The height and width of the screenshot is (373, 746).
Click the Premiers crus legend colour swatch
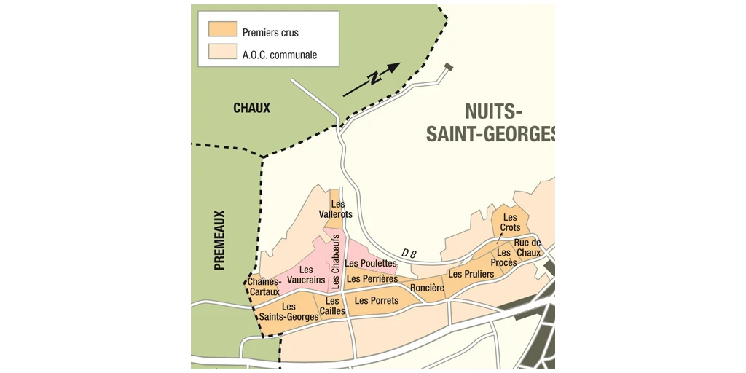(x=222, y=29)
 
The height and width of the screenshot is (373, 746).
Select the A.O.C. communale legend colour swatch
(x=222, y=52)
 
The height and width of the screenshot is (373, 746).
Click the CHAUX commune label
(x=251, y=109)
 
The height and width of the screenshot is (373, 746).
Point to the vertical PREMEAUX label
(x=219, y=240)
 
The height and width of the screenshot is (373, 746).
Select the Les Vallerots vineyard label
(x=336, y=209)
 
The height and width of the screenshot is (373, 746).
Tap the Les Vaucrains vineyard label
(x=306, y=275)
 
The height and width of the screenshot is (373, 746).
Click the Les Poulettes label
(x=371, y=263)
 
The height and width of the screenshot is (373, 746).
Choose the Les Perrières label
(x=372, y=278)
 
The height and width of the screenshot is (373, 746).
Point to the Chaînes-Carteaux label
(x=264, y=287)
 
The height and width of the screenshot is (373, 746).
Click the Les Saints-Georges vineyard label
(x=288, y=312)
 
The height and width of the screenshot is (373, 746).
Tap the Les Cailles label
(x=332, y=306)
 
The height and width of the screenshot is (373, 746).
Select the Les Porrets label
(x=376, y=300)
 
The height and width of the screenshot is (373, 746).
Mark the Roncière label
(x=427, y=288)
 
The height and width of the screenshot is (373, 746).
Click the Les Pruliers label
(x=471, y=274)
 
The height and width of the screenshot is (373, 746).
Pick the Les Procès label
(x=503, y=257)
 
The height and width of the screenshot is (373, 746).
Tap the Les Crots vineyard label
(x=510, y=222)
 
